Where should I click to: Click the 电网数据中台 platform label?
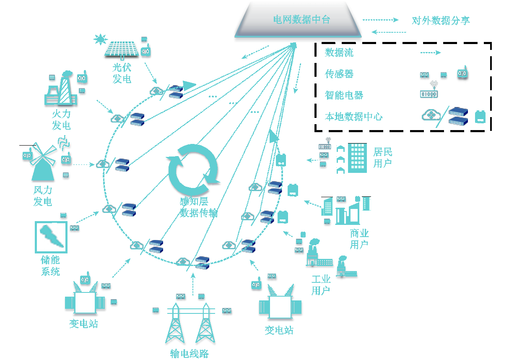[x=301, y=20]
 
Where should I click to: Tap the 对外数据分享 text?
[x=441, y=21]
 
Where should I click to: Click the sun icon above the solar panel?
[x=101, y=39]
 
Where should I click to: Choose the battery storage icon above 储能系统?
[x=51, y=237]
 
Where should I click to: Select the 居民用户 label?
[x=382, y=157]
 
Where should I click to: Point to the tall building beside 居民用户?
[x=357, y=158]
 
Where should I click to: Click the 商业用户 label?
[x=359, y=239]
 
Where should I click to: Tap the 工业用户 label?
[x=321, y=285]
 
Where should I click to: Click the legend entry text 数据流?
[x=339, y=52]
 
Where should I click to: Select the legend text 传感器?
[x=339, y=74]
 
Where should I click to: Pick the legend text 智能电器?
[x=344, y=95]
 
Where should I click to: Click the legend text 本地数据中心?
[x=353, y=117]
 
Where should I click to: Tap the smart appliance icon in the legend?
[x=428, y=91]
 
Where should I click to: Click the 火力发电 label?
[x=61, y=120]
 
